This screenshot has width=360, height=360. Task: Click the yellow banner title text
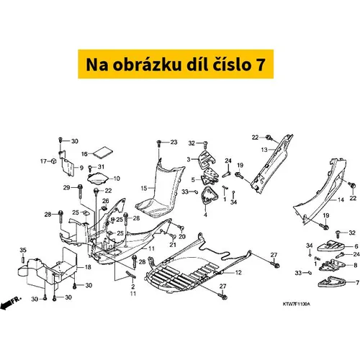point(176,64)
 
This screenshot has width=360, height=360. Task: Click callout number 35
point(23,250)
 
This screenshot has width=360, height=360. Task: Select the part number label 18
point(88,266)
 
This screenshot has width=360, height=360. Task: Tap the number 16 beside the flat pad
point(84,153)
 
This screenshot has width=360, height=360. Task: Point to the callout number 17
point(43,161)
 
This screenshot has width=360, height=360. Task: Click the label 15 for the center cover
point(144,188)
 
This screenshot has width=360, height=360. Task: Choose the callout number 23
point(174,142)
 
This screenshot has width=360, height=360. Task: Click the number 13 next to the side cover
point(264,150)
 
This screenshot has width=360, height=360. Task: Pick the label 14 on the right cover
point(341,199)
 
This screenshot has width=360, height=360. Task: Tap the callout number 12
point(238,272)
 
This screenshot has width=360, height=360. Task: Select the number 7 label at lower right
point(357,282)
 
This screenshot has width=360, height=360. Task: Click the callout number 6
point(356,246)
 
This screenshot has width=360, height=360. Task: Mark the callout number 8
point(356,265)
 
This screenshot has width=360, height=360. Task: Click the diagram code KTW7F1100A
point(297,304)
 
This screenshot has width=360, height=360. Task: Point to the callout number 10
point(117,179)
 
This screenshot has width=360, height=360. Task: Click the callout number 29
point(66,187)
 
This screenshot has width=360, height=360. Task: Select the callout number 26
point(106,201)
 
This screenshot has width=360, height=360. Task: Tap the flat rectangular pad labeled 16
point(103,153)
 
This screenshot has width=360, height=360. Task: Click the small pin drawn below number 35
point(23,260)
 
